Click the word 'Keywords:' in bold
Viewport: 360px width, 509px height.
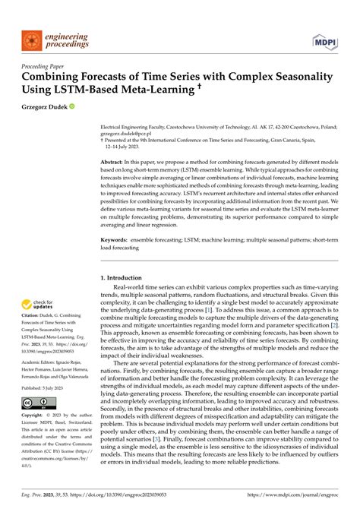pyautogui.click(x=115, y=239)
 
